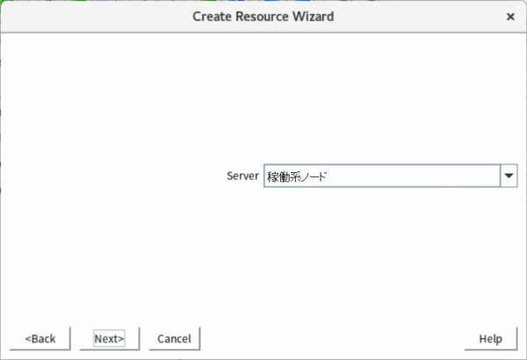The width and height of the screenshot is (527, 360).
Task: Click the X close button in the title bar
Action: click(510, 17)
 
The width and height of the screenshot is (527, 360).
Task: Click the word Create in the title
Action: click(212, 17)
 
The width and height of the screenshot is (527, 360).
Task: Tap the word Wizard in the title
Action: click(314, 17)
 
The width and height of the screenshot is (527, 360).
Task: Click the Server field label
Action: click(242, 176)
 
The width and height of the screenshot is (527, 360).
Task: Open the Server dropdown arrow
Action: click(509, 176)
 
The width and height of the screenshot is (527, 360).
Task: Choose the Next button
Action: click(109, 338)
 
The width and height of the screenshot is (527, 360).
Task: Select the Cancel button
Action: click(174, 338)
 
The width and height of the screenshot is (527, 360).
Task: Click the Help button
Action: click(490, 338)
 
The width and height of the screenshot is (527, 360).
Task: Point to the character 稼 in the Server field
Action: click(273, 176)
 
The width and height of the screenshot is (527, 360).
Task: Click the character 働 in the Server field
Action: click(284, 176)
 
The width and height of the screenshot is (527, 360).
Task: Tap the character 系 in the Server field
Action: click(295, 176)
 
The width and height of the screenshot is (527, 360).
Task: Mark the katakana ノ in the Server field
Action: click(304, 176)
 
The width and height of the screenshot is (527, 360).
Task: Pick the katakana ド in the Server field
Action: click(322, 176)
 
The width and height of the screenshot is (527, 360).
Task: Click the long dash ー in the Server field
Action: click(314, 177)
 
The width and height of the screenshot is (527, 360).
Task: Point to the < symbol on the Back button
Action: click(28, 339)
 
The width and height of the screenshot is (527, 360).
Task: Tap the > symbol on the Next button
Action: click(121, 339)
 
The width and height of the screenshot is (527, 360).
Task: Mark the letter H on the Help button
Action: click(483, 338)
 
